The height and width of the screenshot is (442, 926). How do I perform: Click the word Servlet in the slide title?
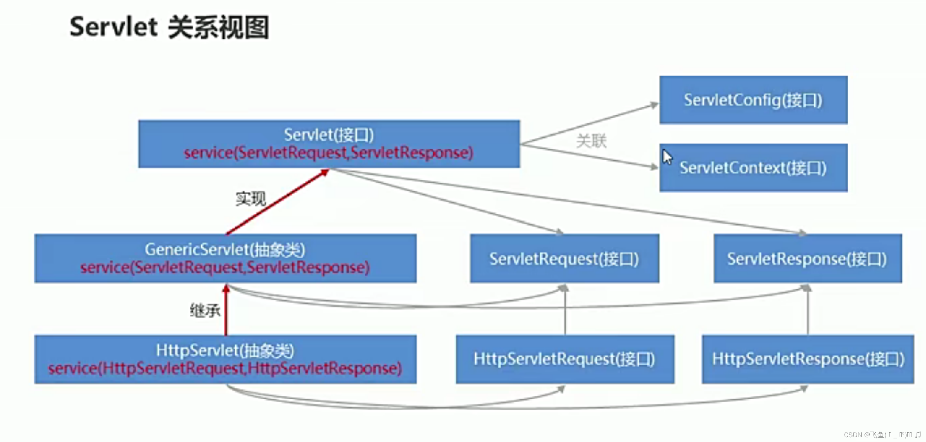[x=113, y=27]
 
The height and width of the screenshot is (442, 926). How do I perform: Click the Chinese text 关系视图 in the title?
[x=218, y=27]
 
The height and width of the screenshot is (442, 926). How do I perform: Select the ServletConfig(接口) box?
[x=753, y=100]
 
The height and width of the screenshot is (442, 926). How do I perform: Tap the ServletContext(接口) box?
[x=753, y=168]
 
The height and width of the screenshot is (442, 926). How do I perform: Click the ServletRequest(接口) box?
[x=564, y=259]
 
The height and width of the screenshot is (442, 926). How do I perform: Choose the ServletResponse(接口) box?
[x=807, y=259]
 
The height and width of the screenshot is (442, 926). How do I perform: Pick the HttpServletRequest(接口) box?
[x=565, y=359]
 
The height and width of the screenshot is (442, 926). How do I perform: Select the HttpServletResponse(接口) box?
[x=808, y=359]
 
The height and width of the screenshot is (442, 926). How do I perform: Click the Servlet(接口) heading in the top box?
[x=329, y=135]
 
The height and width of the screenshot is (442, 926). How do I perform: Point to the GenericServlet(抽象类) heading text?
[x=225, y=250]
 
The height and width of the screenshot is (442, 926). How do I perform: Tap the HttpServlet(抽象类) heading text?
[x=225, y=350]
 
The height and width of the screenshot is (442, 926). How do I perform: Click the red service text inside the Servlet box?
[x=329, y=153]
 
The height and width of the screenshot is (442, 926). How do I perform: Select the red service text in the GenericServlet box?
[x=225, y=268]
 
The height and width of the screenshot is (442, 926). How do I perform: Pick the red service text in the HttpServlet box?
[x=225, y=369]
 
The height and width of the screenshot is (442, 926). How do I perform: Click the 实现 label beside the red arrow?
[x=250, y=199]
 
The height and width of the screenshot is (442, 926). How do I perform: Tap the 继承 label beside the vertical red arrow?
[x=205, y=310]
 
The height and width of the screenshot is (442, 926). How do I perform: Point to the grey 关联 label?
[x=591, y=141]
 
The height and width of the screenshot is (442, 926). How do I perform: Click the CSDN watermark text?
[x=882, y=434]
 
